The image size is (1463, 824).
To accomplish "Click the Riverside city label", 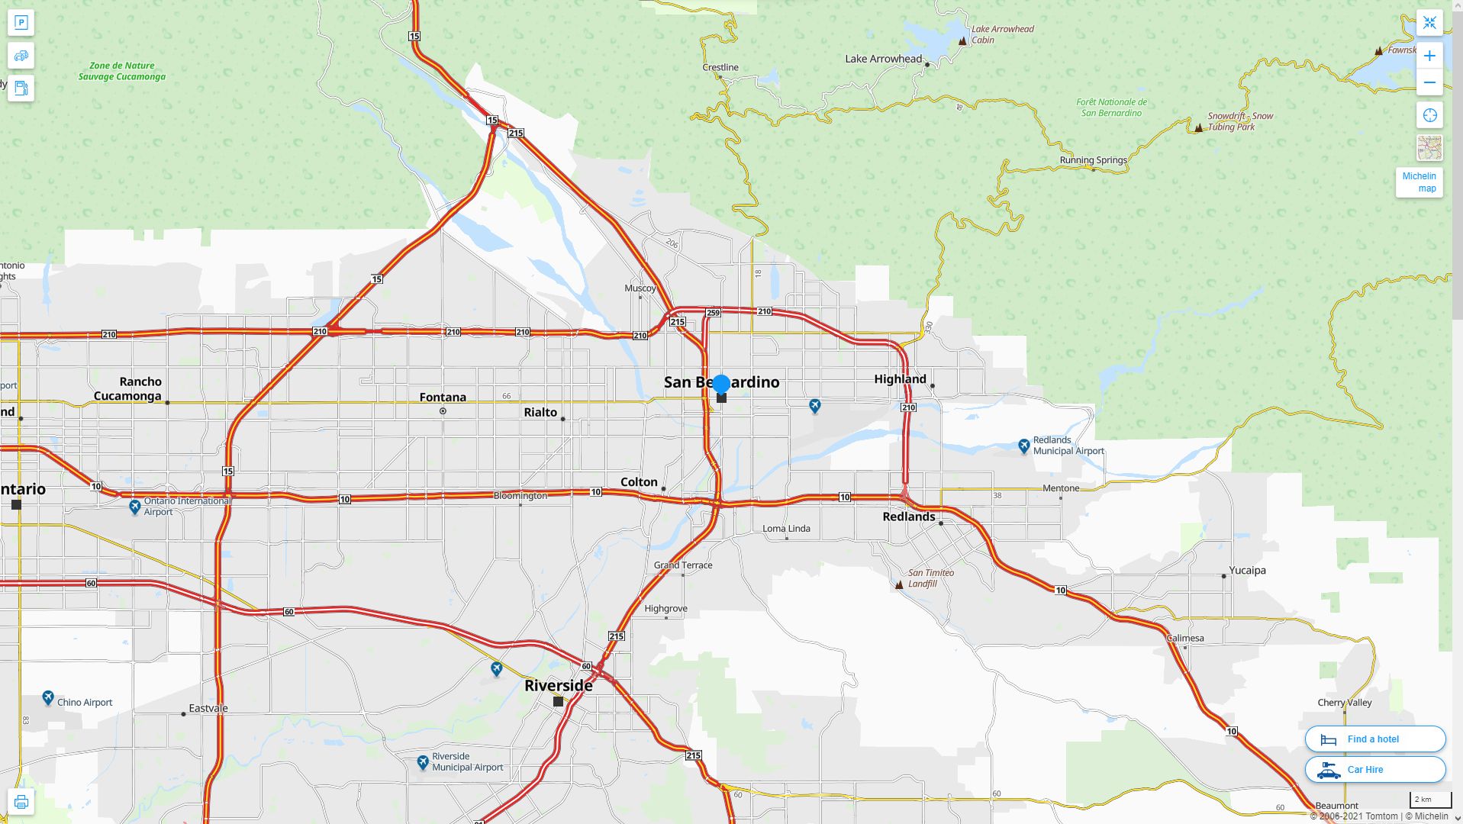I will [558, 685].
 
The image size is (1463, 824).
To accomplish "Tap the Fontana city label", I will [443, 397].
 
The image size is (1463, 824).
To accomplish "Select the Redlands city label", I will [908, 517].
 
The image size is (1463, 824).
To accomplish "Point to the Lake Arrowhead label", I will [883, 59].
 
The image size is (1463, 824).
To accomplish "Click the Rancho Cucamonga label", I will [128, 388].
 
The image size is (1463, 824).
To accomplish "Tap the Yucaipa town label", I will [1247, 570].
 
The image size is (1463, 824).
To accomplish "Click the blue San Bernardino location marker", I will [721, 384].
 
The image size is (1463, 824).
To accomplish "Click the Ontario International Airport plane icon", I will [135, 506].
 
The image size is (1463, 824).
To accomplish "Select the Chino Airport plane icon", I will [48, 697].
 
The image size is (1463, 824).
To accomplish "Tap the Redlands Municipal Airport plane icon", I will [1024, 446].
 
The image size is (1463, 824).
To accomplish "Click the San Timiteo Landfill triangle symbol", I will [899, 584].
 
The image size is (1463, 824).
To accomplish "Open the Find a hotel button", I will [1374, 739].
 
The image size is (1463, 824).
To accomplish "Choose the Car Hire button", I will [1374, 769].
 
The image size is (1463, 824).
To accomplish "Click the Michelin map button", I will [1419, 182].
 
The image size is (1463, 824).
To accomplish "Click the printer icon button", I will [21, 802].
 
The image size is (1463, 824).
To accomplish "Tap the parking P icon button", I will [21, 23].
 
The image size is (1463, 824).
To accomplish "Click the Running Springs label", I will [1093, 160].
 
